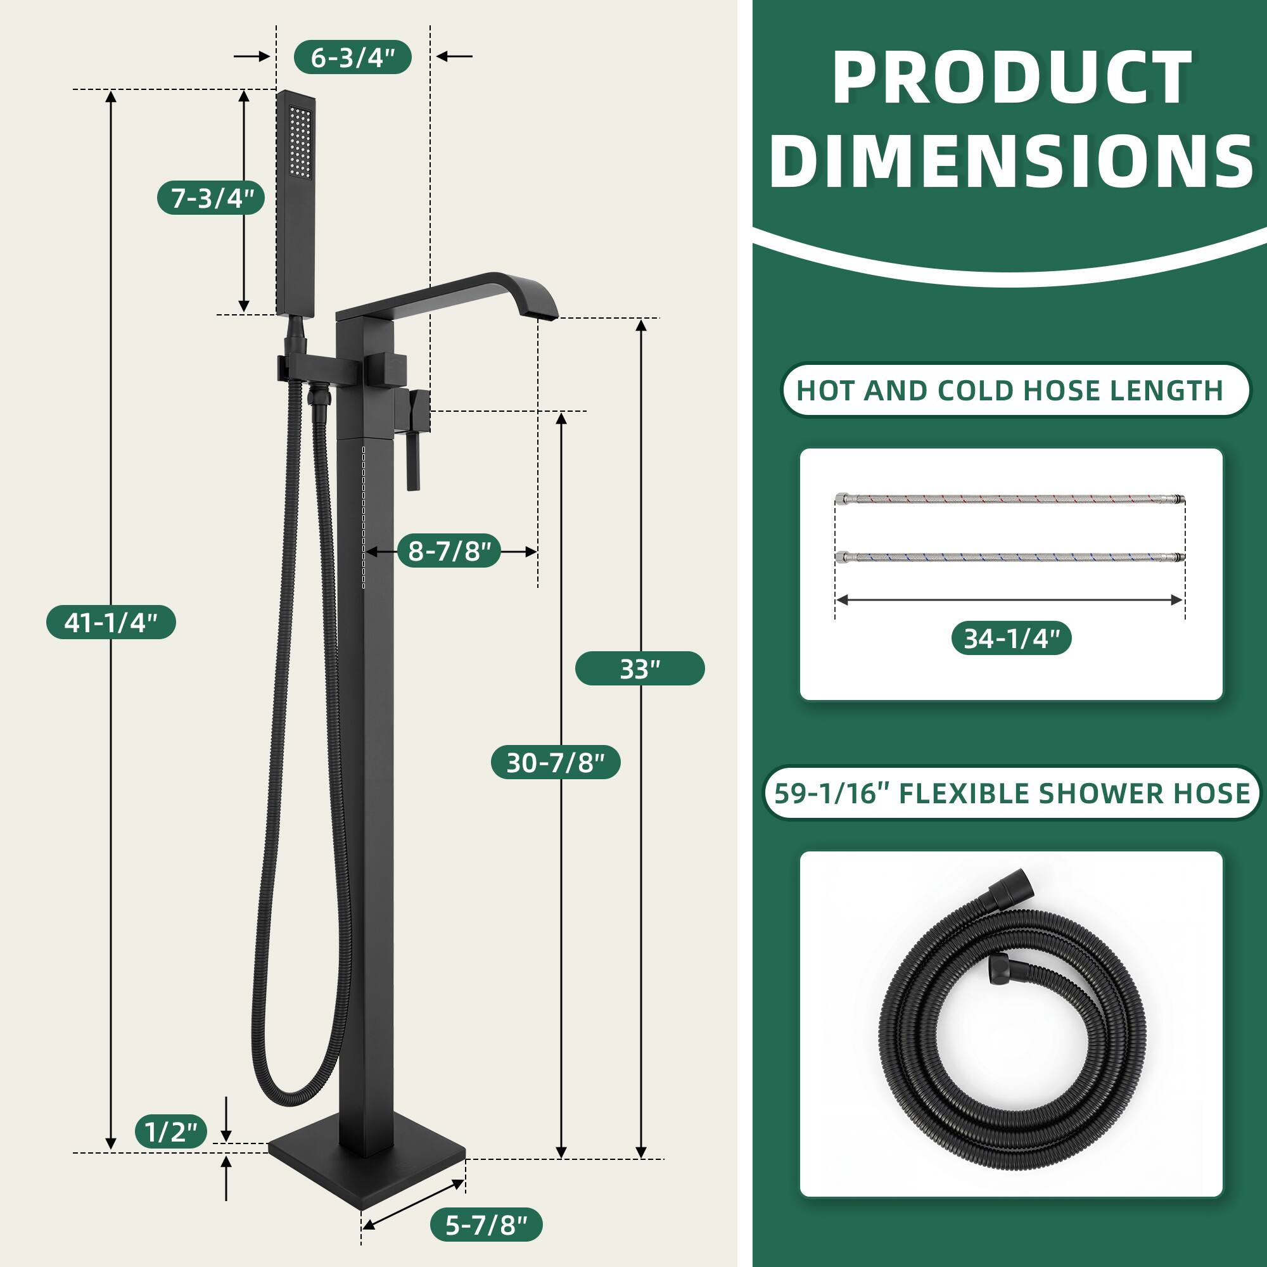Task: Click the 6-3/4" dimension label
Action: click(352, 57)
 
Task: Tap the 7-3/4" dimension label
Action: click(211, 198)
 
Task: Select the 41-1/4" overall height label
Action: click(111, 621)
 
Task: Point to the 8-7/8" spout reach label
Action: click(449, 551)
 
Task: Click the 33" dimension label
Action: click(639, 668)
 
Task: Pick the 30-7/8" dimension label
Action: click(555, 762)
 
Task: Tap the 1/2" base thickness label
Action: click(171, 1131)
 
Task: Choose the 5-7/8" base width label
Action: click(486, 1225)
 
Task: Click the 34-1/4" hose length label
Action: click(1010, 638)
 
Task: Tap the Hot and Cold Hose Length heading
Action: click(1009, 390)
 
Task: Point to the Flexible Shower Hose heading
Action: click(1012, 793)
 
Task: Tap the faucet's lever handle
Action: click(413, 452)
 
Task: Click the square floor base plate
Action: click(367, 1174)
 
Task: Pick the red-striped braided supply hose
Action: click(1010, 500)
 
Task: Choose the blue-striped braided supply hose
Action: click(1010, 557)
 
